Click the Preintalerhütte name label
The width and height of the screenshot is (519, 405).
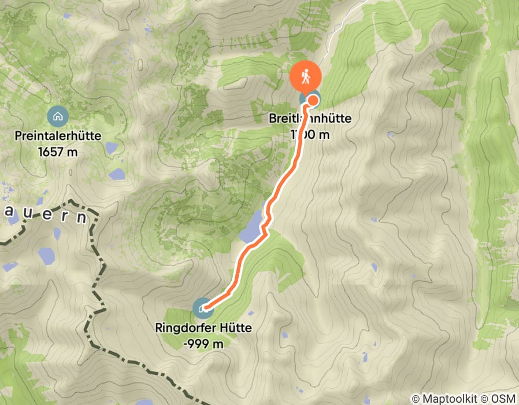pyautogui.click(x=60, y=137)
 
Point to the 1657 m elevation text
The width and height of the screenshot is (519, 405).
pyautogui.click(x=60, y=152)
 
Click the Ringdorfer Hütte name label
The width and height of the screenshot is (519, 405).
pyautogui.click(x=203, y=328)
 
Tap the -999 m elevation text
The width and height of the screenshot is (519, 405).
pyautogui.click(x=203, y=343)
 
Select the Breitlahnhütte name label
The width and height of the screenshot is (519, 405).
pyautogui.click(x=309, y=119)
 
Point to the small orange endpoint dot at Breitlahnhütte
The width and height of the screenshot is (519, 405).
pyautogui.click(x=313, y=100)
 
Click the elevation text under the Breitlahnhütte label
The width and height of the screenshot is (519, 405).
pyautogui.click(x=310, y=134)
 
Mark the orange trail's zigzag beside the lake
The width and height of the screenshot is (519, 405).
pyautogui.click(x=265, y=223)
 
